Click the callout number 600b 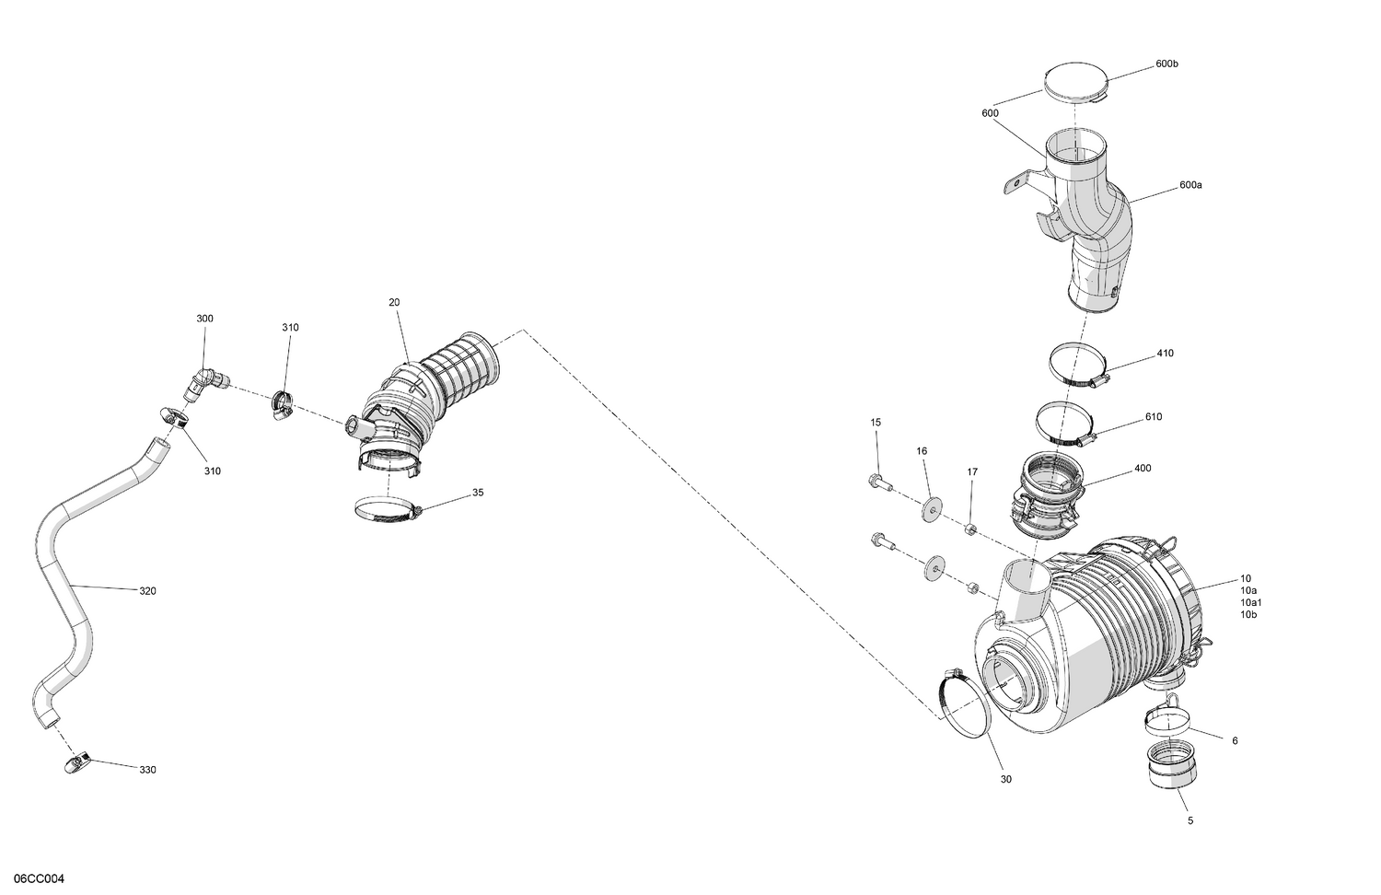click(1166, 64)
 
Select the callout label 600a click(1190, 185)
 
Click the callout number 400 click(1143, 469)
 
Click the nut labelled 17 click(970, 528)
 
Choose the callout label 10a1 click(1251, 602)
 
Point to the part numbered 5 click(1172, 766)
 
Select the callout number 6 click(1235, 740)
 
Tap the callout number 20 click(394, 302)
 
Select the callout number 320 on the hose click(147, 591)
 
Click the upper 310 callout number click(290, 328)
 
